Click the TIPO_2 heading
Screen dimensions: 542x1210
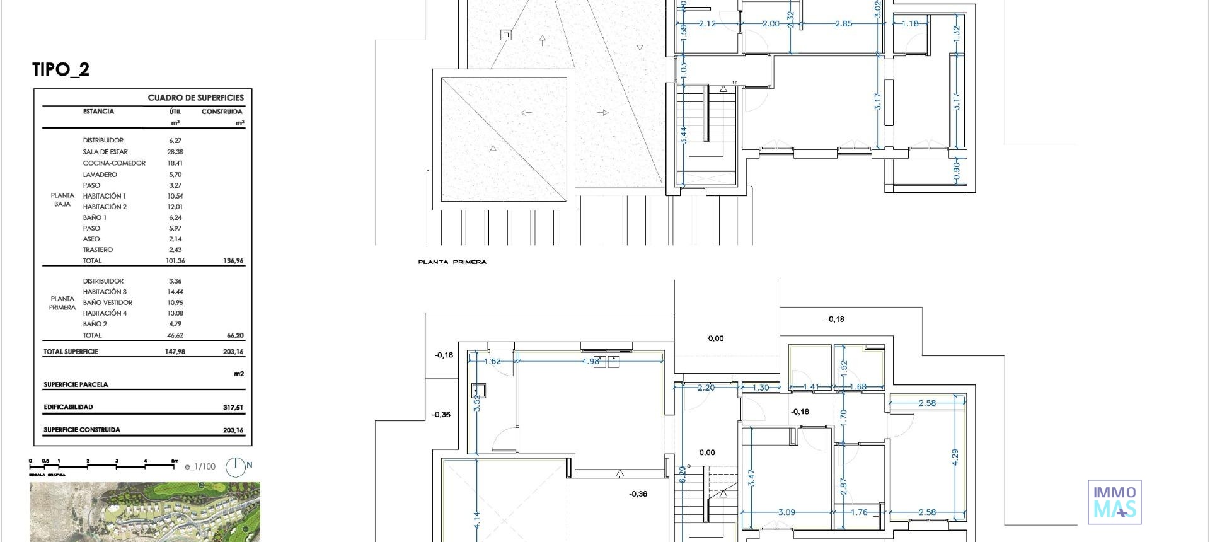pos(61,69)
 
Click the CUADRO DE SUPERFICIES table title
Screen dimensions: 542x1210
pos(195,98)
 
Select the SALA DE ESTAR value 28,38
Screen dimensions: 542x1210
pos(175,152)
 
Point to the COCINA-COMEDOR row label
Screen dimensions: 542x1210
pos(114,163)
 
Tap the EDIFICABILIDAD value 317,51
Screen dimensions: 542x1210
pos(233,407)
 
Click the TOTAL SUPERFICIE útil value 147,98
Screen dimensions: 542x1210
pos(175,352)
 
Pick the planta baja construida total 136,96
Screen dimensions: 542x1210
pos(233,260)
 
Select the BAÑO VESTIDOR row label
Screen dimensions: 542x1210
pos(108,303)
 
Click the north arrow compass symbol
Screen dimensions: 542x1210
pos(236,466)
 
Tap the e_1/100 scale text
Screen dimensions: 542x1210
pos(200,467)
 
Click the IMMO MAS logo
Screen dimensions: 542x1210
pos(1114,502)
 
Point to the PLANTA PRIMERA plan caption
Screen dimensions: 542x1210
pos(452,262)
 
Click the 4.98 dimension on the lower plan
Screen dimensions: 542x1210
pos(591,361)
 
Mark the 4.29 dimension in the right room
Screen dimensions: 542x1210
pos(954,458)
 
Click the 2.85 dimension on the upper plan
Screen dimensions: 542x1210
pos(843,23)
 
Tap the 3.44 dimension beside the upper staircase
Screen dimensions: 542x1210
pos(684,135)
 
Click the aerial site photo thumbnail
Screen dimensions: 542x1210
pos(145,512)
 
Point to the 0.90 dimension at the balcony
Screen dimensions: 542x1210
pos(955,170)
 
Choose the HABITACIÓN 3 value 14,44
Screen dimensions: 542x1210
pos(175,292)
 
